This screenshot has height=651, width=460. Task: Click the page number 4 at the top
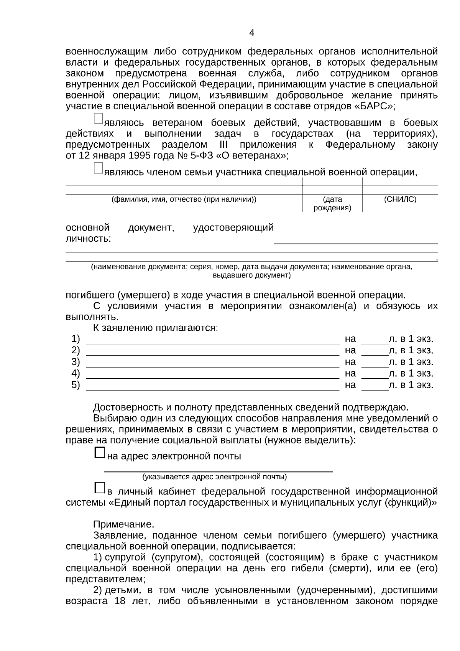coord(251,33)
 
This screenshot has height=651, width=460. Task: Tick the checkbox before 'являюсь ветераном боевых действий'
coord(98,119)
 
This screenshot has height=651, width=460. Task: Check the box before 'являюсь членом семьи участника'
coord(98,168)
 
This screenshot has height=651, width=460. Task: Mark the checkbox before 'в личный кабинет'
coord(99,488)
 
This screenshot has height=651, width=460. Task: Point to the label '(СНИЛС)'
coord(400,199)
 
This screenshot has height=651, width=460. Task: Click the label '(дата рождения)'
coord(332,204)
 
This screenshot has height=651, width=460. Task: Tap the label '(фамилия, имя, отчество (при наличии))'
coord(184,199)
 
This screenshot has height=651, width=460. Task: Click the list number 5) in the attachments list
coord(76,385)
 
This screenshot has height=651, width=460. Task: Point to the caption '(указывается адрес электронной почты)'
coord(215,477)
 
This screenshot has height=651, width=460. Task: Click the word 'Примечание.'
coord(123,524)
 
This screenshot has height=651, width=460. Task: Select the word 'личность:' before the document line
coord(89,239)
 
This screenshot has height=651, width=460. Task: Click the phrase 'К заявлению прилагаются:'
coord(156,328)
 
